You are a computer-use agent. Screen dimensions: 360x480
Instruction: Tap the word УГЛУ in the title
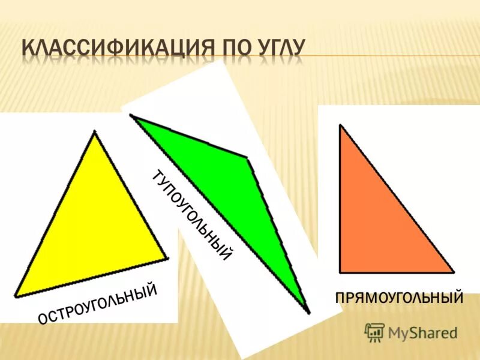pos(278,49)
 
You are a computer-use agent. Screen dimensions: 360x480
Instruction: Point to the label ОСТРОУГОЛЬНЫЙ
pos(98,305)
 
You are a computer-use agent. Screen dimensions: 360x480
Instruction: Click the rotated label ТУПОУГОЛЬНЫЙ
pos(192,216)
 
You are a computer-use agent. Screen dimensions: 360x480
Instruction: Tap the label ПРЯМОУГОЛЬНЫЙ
pos(400,297)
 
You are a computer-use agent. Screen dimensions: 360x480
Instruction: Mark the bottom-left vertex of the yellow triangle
pos(16,295)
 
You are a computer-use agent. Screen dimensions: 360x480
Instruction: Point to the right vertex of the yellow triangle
pos(166,259)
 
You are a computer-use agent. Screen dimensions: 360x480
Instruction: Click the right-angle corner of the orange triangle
pos(340,272)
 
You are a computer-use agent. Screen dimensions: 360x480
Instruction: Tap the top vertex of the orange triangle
pos(340,125)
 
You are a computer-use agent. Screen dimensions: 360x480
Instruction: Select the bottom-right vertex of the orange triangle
pos(453,272)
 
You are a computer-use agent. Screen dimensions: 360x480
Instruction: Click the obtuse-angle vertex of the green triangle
pos(247,158)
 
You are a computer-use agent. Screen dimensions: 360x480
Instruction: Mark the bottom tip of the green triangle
pos(308,311)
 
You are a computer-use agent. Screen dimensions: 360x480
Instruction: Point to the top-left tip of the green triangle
pos(131,116)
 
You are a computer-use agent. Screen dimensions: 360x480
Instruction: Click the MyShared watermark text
pos(422,332)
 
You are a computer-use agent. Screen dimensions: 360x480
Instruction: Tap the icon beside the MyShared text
pos(374,332)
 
